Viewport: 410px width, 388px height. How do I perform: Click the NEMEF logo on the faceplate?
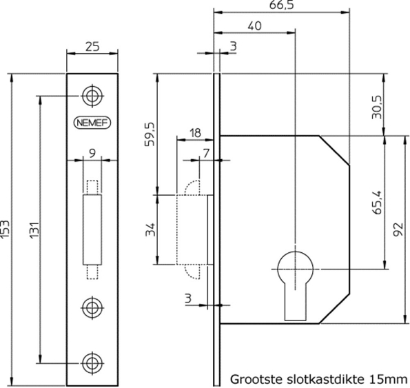[x=92, y=123]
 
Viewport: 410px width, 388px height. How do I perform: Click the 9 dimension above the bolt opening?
[x=92, y=153]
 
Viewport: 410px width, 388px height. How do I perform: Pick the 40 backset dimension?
[x=254, y=26]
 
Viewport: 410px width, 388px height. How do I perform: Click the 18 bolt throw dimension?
[x=195, y=132]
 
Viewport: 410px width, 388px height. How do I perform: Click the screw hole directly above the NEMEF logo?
[x=92, y=94]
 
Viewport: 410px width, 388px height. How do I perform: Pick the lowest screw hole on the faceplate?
[x=92, y=362]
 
